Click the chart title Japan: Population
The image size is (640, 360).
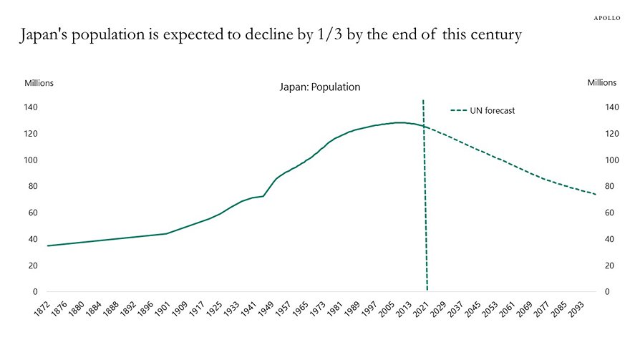(319, 87)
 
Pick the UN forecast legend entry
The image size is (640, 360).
(483, 110)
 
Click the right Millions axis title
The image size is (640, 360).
(601, 83)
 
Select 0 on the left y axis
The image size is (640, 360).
(34, 292)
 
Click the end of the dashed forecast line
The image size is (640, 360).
(596, 195)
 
